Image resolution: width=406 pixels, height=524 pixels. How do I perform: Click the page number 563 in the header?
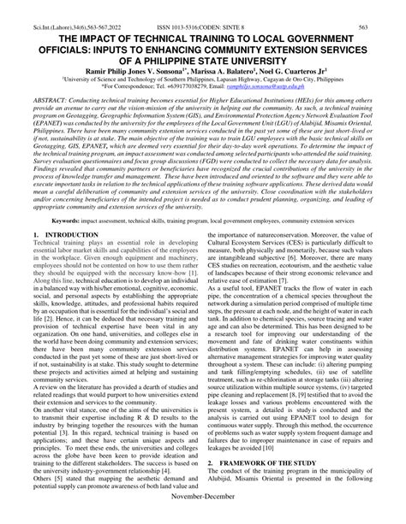pos(386,8)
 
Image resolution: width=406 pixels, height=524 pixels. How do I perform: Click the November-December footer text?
pos(202,516)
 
